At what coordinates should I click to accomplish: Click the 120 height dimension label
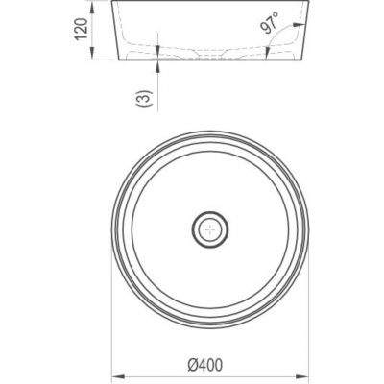tap(82, 29)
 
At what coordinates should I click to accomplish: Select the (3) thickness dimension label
tap(143, 99)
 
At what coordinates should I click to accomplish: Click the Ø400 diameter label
tap(204, 365)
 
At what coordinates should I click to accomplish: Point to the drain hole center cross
tap(210, 229)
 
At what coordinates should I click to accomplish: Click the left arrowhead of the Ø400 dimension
tap(117, 375)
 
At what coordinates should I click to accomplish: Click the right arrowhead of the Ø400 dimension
tap(302, 375)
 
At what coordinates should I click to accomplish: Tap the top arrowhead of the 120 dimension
tap(92, 7)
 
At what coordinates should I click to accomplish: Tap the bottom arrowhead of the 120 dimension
tap(92, 53)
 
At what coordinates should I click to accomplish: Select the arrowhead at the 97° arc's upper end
tap(300, 24)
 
